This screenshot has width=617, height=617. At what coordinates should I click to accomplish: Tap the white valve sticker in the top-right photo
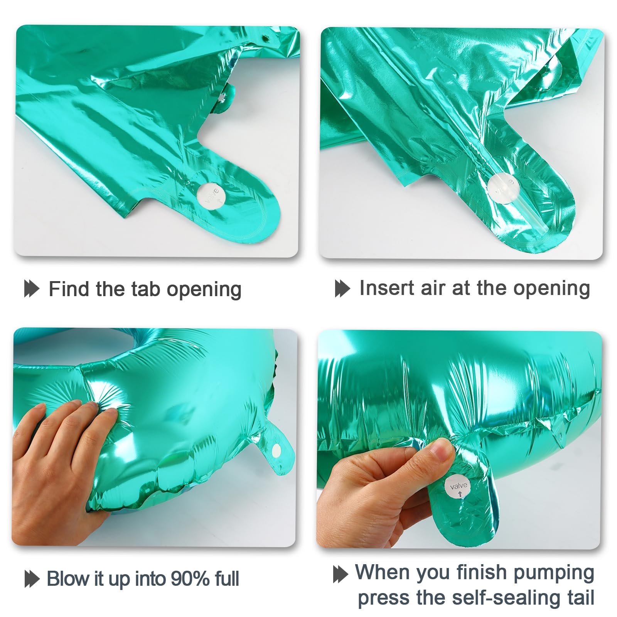(x=502, y=188)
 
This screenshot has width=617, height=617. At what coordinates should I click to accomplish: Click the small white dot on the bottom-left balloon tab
(x=276, y=450)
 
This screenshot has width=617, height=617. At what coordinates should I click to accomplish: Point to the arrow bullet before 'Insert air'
(x=342, y=288)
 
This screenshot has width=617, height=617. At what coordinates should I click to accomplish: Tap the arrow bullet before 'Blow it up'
(x=32, y=579)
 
